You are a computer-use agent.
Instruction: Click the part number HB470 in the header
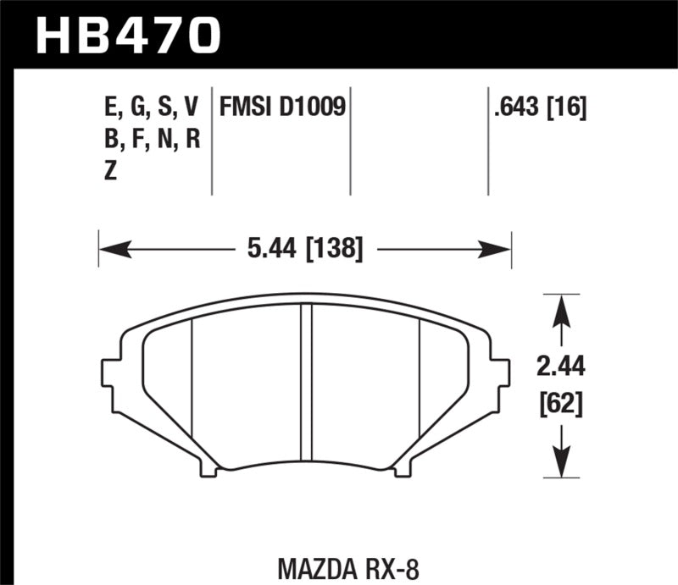pyautogui.click(x=127, y=35)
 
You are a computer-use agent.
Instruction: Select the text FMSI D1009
pyautogui.click(x=282, y=108)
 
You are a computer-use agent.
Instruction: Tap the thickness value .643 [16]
pyautogui.click(x=537, y=108)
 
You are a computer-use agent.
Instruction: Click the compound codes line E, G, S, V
pyautogui.click(x=149, y=108)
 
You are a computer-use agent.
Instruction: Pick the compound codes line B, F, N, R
pyautogui.click(x=149, y=139)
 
